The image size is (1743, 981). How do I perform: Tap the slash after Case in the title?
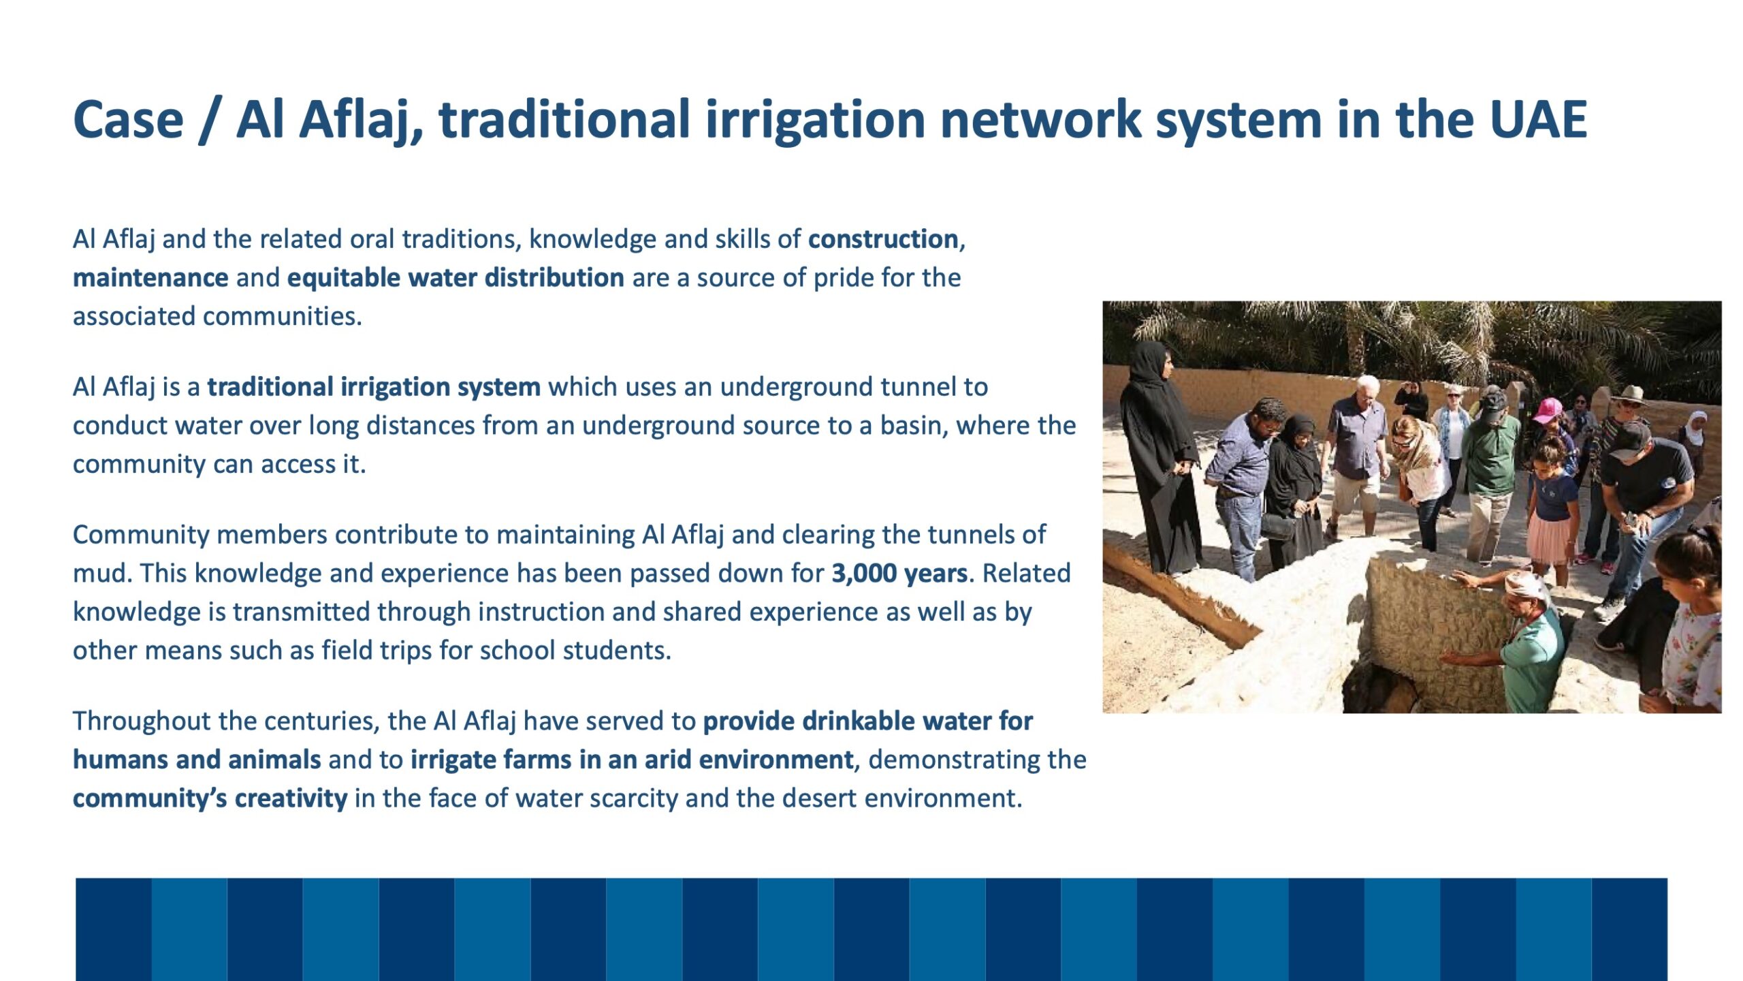point(210,121)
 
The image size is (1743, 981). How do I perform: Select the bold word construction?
point(883,239)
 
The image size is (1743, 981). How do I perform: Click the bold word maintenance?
point(150,278)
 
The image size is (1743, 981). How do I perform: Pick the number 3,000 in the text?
point(863,574)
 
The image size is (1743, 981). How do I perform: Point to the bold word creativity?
point(291,798)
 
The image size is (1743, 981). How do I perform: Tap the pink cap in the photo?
point(1546,410)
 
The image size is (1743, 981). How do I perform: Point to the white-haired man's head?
point(1363,387)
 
